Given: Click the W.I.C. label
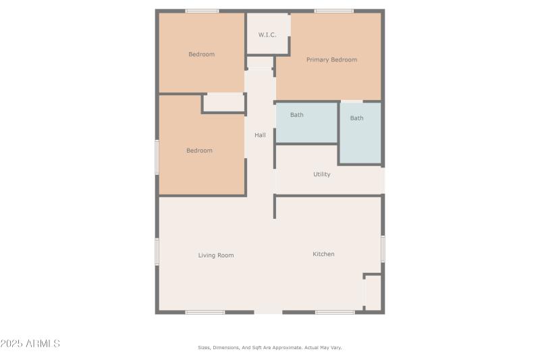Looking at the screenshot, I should (x=268, y=35).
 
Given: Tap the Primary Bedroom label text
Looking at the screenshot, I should (x=331, y=60).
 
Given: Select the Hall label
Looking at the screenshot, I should (x=260, y=135).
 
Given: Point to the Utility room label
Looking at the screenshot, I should (x=322, y=174).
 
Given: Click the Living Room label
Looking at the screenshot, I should (x=216, y=255).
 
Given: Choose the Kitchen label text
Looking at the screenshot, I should (x=323, y=254).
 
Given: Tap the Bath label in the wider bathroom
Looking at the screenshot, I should (x=297, y=115).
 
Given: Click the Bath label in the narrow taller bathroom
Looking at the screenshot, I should (x=356, y=118).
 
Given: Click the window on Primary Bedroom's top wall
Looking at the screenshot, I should (x=333, y=11).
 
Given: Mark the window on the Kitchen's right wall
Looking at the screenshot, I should (x=383, y=249).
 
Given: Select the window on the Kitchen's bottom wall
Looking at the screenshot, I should (x=335, y=312).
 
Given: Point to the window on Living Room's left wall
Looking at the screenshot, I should (x=157, y=251).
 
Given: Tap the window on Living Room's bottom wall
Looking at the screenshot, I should (x=205, y=312).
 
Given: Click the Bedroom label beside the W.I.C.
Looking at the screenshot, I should (x=201, y=54).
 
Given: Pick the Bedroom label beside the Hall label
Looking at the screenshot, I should (x=199, y=151).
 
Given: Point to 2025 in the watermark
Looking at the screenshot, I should (x=12, y=344).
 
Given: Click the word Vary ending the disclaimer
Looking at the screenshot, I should (x=335, y=348).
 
